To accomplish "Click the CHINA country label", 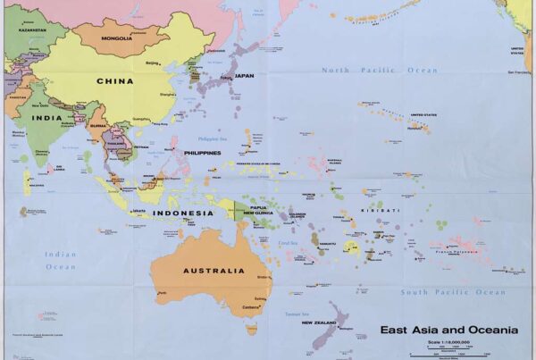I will [x=115, y=81].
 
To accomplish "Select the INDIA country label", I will [x=41, y=117].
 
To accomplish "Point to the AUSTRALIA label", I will [x=214, y=271].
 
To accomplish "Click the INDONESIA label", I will [x=183, y=213].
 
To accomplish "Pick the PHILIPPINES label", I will [x=203, y=153].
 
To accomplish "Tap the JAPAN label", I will [x=244, y=76].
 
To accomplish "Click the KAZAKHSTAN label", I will [x=32, y=29].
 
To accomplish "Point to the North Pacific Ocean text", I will [x=381, y=71].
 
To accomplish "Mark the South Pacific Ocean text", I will [x=453, y=292].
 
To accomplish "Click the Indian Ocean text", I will [x=61, y=260].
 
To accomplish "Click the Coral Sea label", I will [x=288, y=242].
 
